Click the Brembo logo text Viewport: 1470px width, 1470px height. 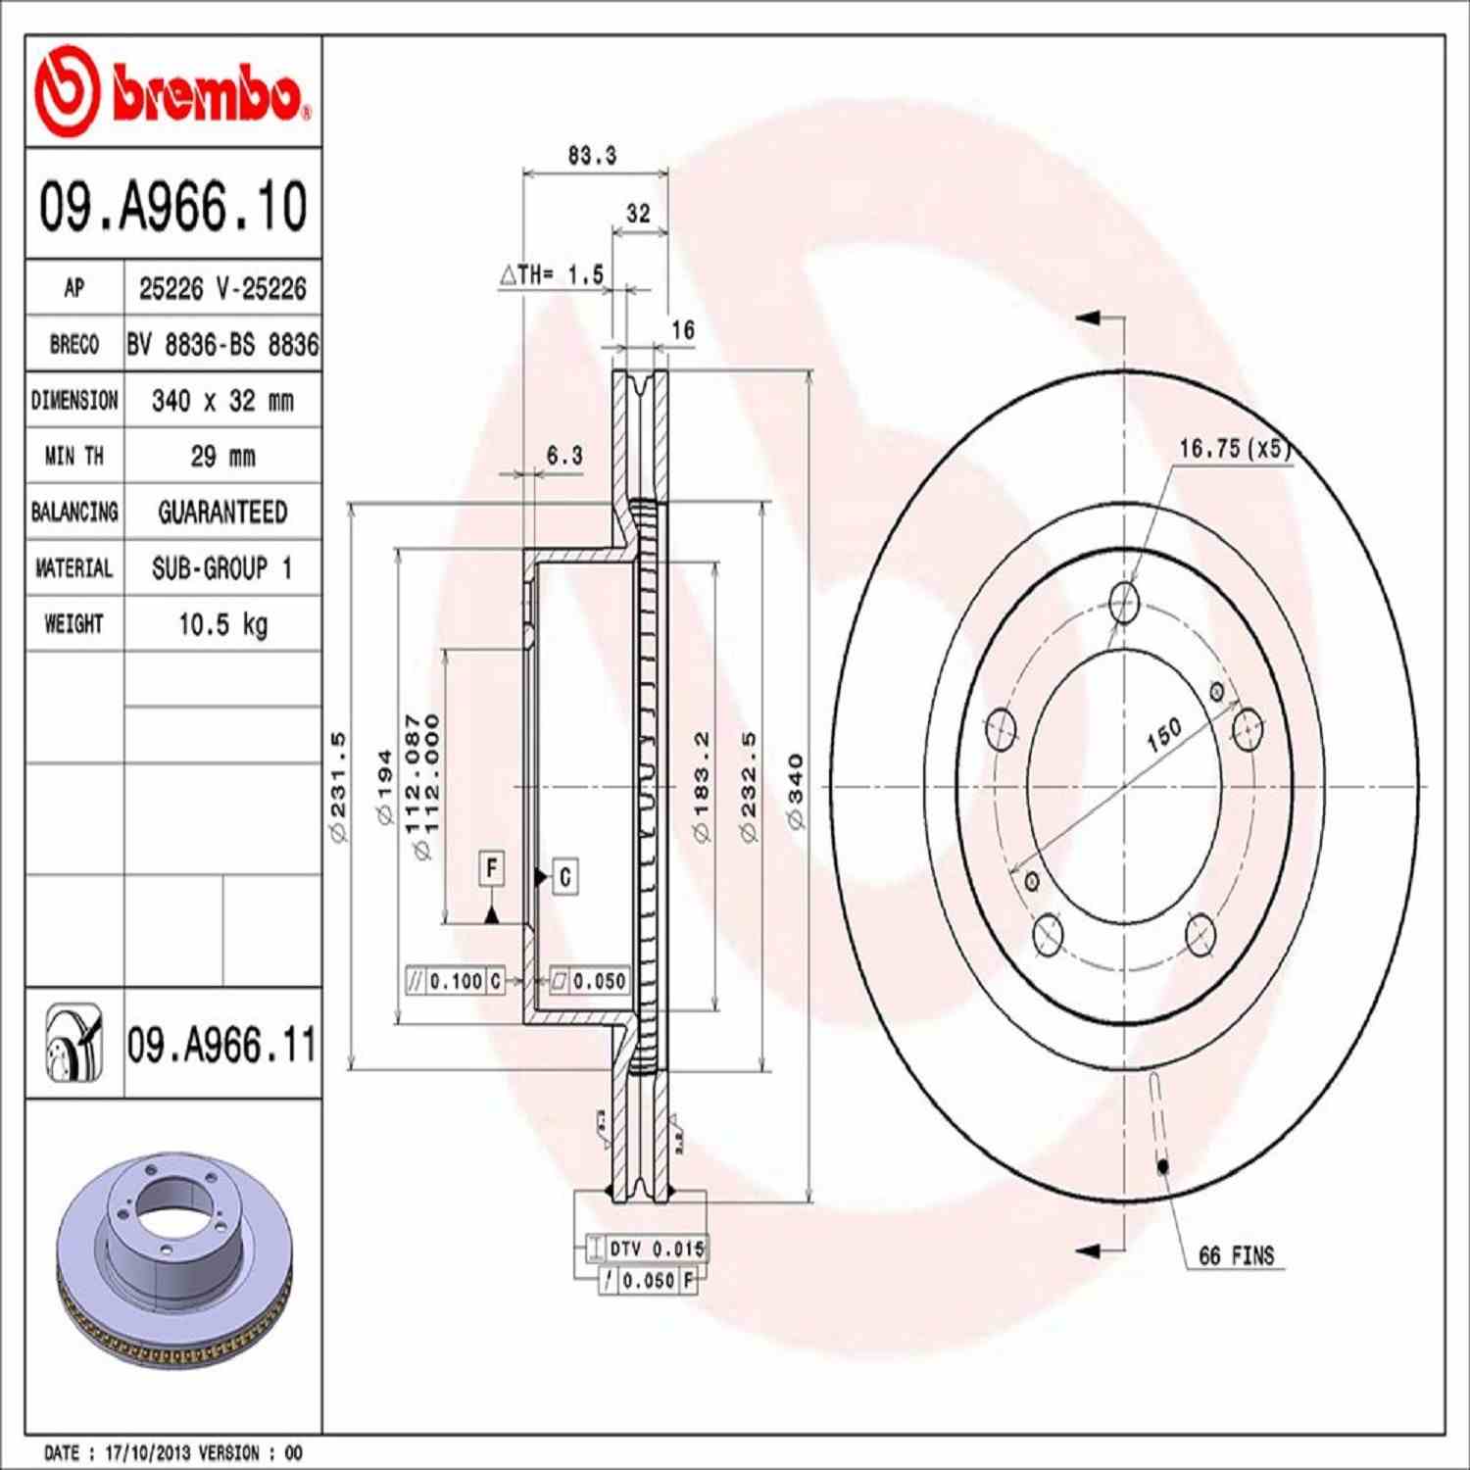pos(208,95)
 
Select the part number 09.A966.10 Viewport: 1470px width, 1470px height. pos(172,207)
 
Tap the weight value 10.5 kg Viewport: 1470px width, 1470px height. pos(222,624)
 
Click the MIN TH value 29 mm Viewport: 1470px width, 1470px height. pos(222,457)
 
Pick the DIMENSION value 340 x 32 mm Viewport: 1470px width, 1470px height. pos(222,401)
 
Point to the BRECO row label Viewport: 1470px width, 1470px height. pos(74,345)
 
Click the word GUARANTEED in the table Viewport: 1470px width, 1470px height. pos(222,513)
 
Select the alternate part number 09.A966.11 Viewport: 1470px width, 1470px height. pos(221,1046)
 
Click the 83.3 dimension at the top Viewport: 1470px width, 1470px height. pos(592,156)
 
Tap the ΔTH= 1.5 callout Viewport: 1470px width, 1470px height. pos(553,275)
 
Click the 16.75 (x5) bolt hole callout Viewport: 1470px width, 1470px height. pos(1234,449)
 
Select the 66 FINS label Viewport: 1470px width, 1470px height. pos(1236,1256)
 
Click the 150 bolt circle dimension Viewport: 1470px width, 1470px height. pos(1164,735)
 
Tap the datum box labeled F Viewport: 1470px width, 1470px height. pos(492,868)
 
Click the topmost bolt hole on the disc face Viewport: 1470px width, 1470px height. pos(1124,602)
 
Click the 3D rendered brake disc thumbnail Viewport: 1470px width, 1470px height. pos(174,1259)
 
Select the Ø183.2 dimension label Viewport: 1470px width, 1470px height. pos(702,786)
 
